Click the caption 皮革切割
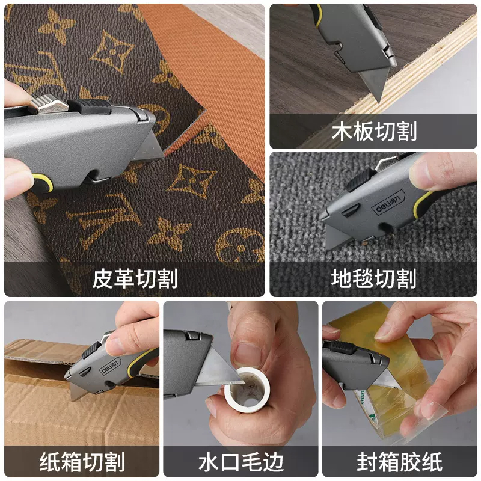(135, 278)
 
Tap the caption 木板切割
(374, 131)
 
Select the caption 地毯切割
(374, 278)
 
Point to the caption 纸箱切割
(82, 462)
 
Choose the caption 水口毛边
(240, 462)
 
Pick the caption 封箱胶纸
(400, 462)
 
